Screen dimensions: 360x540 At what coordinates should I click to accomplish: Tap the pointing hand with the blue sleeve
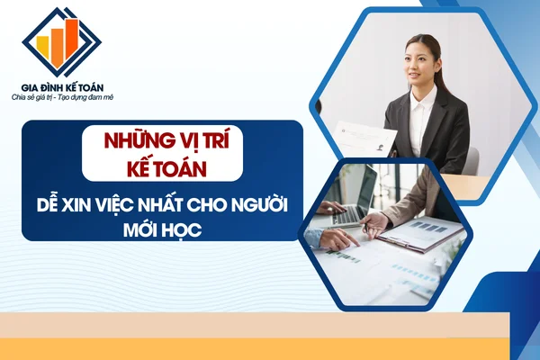click(x=334, y=239)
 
